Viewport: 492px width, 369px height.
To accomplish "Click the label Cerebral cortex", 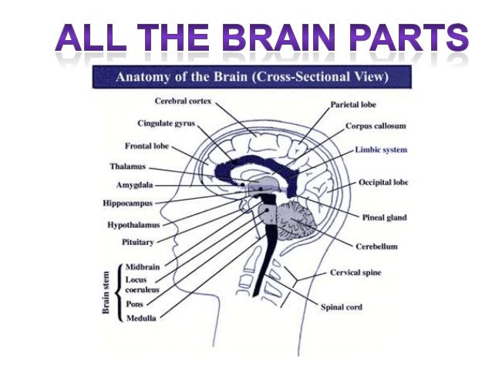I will pos(183,101).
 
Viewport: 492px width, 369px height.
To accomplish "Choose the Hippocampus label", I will pos(127,203).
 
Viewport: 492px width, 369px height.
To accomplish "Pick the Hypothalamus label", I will pos(133,225).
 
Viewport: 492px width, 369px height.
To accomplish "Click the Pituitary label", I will pos(139,242).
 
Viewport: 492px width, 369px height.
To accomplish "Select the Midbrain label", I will pos(142,267).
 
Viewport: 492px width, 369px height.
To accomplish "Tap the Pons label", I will pos(133,304).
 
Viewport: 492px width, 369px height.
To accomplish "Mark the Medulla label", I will pos(141,317).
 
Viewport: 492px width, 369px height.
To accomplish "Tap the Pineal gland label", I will pos(383,217).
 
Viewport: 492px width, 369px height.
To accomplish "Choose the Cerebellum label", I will pos(376,247).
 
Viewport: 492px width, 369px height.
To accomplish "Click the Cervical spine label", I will pos(356,273).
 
